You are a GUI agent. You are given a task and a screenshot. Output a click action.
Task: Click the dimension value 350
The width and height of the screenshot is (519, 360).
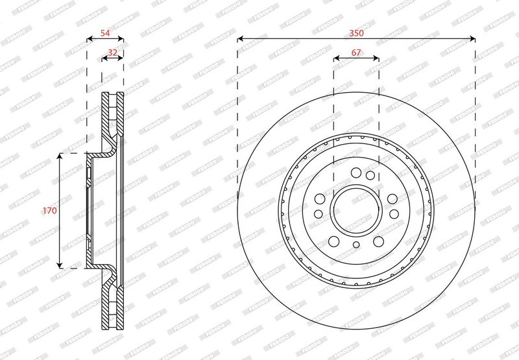(x=356, y=33)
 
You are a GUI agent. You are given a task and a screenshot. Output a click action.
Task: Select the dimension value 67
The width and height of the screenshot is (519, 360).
(x=356, y=53)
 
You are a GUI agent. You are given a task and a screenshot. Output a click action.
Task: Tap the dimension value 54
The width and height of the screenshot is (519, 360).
(x=105, y=33)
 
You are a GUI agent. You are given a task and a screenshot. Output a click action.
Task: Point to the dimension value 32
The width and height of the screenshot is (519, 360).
(x=112, y=52)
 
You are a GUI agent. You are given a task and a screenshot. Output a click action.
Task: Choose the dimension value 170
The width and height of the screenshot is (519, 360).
(x=50, y=210)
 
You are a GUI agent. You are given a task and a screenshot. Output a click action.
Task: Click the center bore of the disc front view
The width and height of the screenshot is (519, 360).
(x=356, y=210)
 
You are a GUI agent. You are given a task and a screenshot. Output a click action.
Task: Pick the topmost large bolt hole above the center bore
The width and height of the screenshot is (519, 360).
(x=356, y=173)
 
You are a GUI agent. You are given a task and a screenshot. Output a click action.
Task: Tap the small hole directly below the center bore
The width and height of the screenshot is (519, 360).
(x=356, y=245)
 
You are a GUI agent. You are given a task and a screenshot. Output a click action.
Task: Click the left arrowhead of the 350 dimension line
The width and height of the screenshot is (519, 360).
(x=240, y=40)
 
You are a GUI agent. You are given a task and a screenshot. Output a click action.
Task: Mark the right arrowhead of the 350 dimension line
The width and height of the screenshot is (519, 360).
(x=472, y=40)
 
